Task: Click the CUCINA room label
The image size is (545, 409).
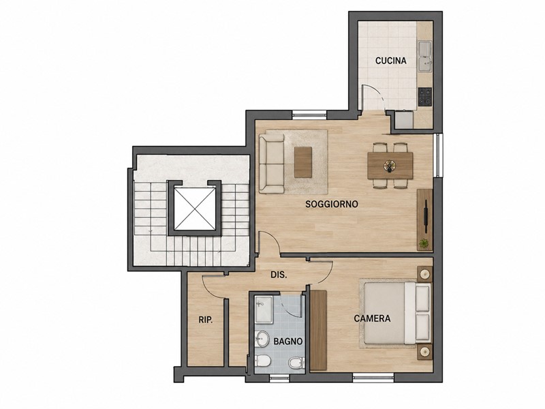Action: pyautogui.click(x=390, y=61)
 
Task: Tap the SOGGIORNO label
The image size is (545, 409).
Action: pyautogui.click(x=332, y=204)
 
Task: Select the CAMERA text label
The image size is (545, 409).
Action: pyautogui.click(x=372, y=318)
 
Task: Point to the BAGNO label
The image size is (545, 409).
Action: pyautogui.click(x=287, y=342)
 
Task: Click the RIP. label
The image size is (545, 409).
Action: pyautogui.click(x=206, y=320)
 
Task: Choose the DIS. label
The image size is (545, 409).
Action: pyautogui.click(x=279, y=275)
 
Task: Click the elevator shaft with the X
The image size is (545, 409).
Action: pyautogui.click(x=195, y=209)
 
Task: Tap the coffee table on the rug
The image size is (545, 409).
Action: pyautogui.click(x=303, y=162)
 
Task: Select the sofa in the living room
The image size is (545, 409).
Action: pyautogui.click(x=272, y=164)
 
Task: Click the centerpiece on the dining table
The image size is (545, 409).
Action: pyautogui.click(x=390, y=166)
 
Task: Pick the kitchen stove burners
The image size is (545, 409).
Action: pyautogui.click(x=424, y=96)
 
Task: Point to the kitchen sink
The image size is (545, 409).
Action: pyautogui.click(x=425, y=57)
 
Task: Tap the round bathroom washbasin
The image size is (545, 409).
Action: pyautogui.click(x=262, y=338)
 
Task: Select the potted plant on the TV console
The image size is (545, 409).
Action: pyautogui.click(x=424, y=243)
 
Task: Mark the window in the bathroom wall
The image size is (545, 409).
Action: pyautogui.click(x=279, y=378)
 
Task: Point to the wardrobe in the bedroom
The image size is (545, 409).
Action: pyautogui.click(x=318, y=331)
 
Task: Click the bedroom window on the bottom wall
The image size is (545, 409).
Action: pyautogui.click(x=373, y=377)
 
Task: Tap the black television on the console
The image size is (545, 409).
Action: pyautogui.click(x=425, y=215)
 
